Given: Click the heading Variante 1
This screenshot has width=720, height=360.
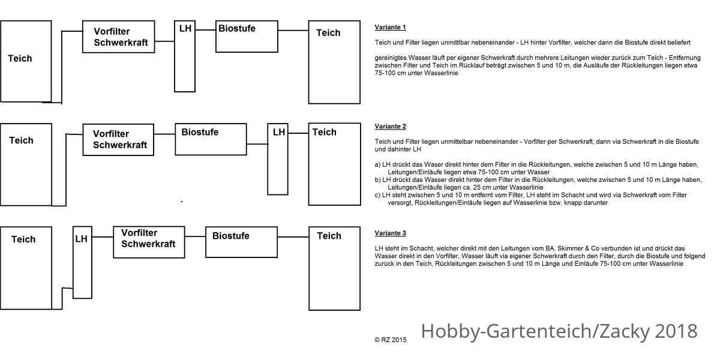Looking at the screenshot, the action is tap(390, 28).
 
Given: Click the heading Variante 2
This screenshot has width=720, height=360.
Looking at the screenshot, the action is tap(390, 127).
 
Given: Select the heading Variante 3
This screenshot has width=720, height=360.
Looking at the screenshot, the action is tap(390, 233).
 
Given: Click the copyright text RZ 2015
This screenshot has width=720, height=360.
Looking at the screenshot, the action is tap(391, 340).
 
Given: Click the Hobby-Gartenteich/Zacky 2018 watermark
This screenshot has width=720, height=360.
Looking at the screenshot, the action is tap(559, 331).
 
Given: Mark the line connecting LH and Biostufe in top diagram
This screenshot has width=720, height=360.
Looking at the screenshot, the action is tap(205, 30).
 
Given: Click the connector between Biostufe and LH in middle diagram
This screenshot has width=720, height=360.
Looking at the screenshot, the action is tap(257, 144).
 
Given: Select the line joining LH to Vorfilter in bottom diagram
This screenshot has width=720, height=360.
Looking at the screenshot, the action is tap(103, 237).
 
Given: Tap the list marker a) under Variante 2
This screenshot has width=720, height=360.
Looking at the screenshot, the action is tap(377, 164).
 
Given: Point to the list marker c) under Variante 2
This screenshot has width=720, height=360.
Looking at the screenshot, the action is tap(377, 195).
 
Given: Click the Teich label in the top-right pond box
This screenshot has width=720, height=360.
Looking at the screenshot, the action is tap(328, 33).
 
